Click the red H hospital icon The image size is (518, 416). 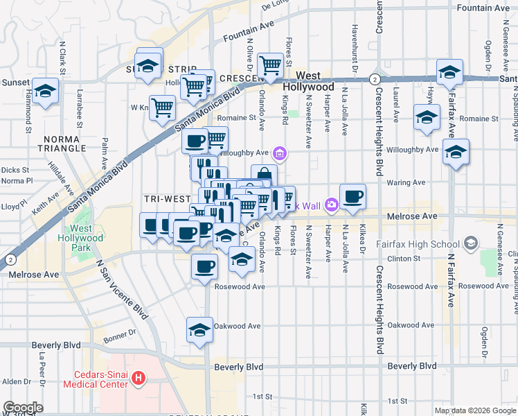pos(139,379)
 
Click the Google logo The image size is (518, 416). pos(23,408)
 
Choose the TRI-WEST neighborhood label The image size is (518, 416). pos(167,199)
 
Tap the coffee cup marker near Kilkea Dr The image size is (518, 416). pos(353,196)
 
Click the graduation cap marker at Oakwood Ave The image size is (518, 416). pos(199,330)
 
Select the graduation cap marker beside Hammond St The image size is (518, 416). pos(46,92)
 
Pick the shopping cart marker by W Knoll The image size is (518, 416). pos(162,107)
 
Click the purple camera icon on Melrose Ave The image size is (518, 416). pos(332,204)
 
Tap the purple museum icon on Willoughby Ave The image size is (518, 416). pos(280,153)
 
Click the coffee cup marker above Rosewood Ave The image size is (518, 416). pos(204,266)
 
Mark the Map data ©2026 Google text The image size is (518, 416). pos(475,410)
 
